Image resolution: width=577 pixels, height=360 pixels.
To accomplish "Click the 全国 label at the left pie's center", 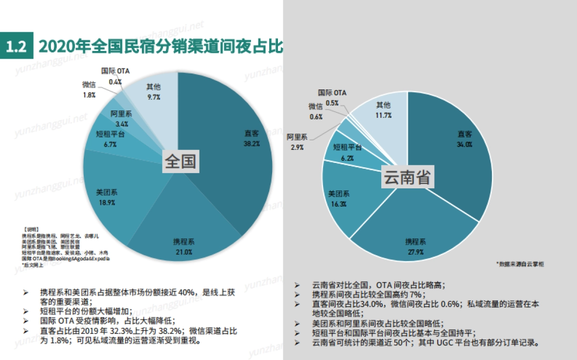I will tap(180, 161).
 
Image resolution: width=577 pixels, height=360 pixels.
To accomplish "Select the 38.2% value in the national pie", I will tap(251, 144).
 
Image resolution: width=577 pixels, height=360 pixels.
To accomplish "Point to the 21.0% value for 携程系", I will tap(184, 251).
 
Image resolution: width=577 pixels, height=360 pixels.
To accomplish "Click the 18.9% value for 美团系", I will tap(107, 202).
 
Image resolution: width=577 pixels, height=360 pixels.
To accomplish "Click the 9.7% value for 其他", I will tap(153, 97).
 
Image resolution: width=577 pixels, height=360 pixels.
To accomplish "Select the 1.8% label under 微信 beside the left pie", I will tap(89, 95).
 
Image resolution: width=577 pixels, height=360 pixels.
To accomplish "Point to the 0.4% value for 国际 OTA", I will tap(115, 82).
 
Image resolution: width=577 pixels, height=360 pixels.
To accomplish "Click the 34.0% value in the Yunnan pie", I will tap(464, 144).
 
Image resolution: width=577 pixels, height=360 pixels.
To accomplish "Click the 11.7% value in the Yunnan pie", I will tap(384, 115).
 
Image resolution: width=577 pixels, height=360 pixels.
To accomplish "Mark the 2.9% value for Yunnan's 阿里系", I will tap(297, 148).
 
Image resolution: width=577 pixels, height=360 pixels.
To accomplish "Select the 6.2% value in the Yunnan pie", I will tap(347, 158).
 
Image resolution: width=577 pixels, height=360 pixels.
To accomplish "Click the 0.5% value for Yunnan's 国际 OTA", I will tap(332, 103).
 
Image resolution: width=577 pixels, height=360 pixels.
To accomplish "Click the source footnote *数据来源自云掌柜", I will tap(520, 264).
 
